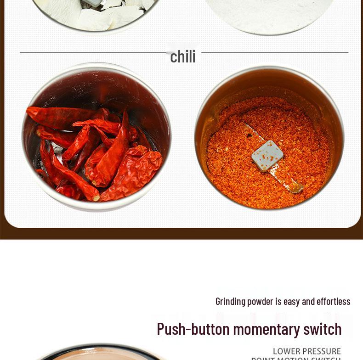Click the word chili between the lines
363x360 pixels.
(182, 56)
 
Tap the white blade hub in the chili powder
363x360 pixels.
(267, 156)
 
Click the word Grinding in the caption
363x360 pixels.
(230, 301)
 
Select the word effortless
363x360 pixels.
(333, 301)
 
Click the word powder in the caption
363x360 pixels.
(260, 301)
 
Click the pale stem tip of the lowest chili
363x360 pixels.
(96, 198)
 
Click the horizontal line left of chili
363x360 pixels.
(92, 53)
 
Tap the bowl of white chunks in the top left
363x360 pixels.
(96, 14)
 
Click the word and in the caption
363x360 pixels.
(308, 301)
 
